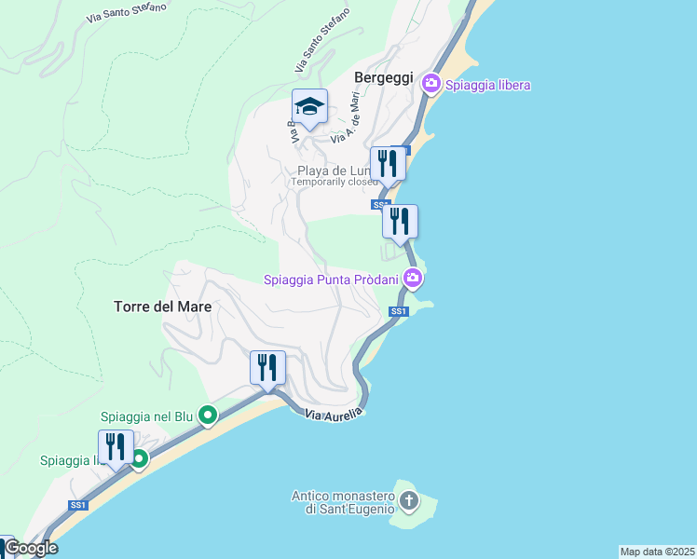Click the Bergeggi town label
383,78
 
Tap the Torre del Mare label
162,306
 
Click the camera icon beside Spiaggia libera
431,84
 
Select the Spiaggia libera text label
487,85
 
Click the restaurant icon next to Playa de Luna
388,163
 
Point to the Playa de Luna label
334,170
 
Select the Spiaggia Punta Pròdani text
331,279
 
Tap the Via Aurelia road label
333,416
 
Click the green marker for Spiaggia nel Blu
208,416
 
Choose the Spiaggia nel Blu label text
146,416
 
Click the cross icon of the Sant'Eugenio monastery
408,502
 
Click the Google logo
31,548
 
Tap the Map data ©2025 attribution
658,552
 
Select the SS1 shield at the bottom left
77,505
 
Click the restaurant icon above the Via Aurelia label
267,367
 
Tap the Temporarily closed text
335,183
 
